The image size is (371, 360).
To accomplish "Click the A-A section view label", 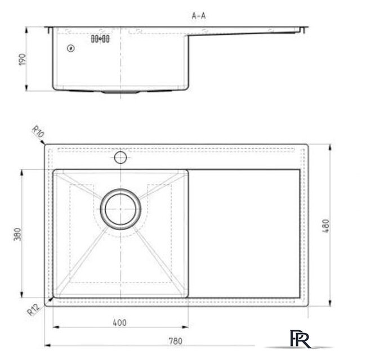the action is pyautogui.click(x=199, y=16).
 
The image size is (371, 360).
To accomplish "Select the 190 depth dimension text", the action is pyautogui.click(x=22, y=59).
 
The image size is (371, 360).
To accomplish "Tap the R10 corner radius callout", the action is pyautogui.click(x=38, y=132).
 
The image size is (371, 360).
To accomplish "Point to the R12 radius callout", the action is pyautogui.click(x=33, y=309).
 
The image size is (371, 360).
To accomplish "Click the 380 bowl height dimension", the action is pyautogui.click(x=17, y=234).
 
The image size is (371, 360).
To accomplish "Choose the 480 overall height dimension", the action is pyautogui.click(x=326, y=226).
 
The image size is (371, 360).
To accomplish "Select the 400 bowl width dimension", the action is pyautogui.click(x=120, y=322).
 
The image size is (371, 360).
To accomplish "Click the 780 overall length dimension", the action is pyautogui.click(x=175, y=341).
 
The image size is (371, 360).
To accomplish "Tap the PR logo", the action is pyautogui.click(x=300, y=339).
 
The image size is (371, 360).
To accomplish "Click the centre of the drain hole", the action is pyautogui.click(x=120, y=209).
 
